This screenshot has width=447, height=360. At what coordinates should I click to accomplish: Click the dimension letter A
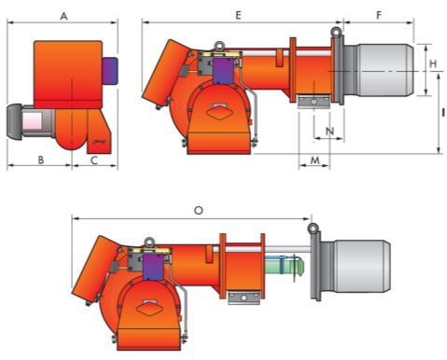tap(63, 16)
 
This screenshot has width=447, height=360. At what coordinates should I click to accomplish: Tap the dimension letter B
tap(41, 159)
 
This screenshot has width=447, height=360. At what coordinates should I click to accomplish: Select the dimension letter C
tap(94, 160)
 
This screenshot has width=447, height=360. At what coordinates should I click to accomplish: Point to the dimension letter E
tap(238, 15)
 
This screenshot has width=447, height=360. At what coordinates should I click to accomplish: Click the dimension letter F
tap(379, 15)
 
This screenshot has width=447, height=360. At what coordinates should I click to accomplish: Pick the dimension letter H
tap(433, 63)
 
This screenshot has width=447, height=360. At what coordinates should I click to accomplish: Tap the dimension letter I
tap(443, 113)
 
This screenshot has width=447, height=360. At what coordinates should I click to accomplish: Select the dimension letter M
tap(315, 160)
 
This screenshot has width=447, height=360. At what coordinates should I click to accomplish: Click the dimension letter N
tap(329, 131)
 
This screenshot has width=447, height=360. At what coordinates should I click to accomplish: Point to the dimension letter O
tap(199, 211)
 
